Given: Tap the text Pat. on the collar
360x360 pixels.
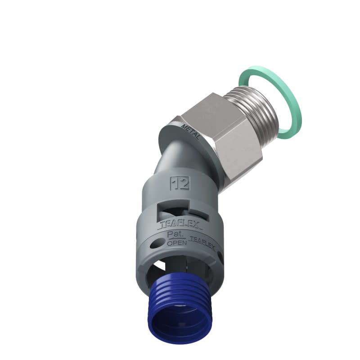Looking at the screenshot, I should (175, 234).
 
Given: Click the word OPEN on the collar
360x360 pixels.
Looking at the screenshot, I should (175, 243).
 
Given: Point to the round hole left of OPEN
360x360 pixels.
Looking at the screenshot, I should (156, 243).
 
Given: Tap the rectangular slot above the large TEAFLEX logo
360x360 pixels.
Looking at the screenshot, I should (180, 206).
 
